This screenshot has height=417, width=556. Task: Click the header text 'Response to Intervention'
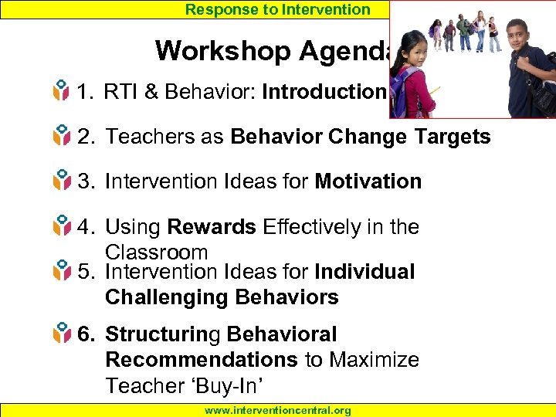click(278, 9)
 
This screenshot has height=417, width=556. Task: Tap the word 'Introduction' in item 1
click(324, 93)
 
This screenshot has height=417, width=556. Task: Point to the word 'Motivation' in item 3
click(368, 182)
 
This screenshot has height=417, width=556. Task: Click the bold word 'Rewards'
click(212, 227)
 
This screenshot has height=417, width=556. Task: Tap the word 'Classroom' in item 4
click(156, 252)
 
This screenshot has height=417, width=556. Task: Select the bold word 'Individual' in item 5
click(365, 272)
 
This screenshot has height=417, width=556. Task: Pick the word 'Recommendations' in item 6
click(202, 360)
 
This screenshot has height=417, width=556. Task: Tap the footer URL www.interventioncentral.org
click(277, 411)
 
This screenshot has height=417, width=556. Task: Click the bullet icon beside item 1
click(61, 93)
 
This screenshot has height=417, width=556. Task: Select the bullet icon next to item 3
click(61, 182)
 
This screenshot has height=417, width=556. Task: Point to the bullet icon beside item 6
click(61, 335)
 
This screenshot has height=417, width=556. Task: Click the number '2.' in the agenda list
click(86, 137)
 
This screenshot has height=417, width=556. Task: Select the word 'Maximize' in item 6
click(376, 360)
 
